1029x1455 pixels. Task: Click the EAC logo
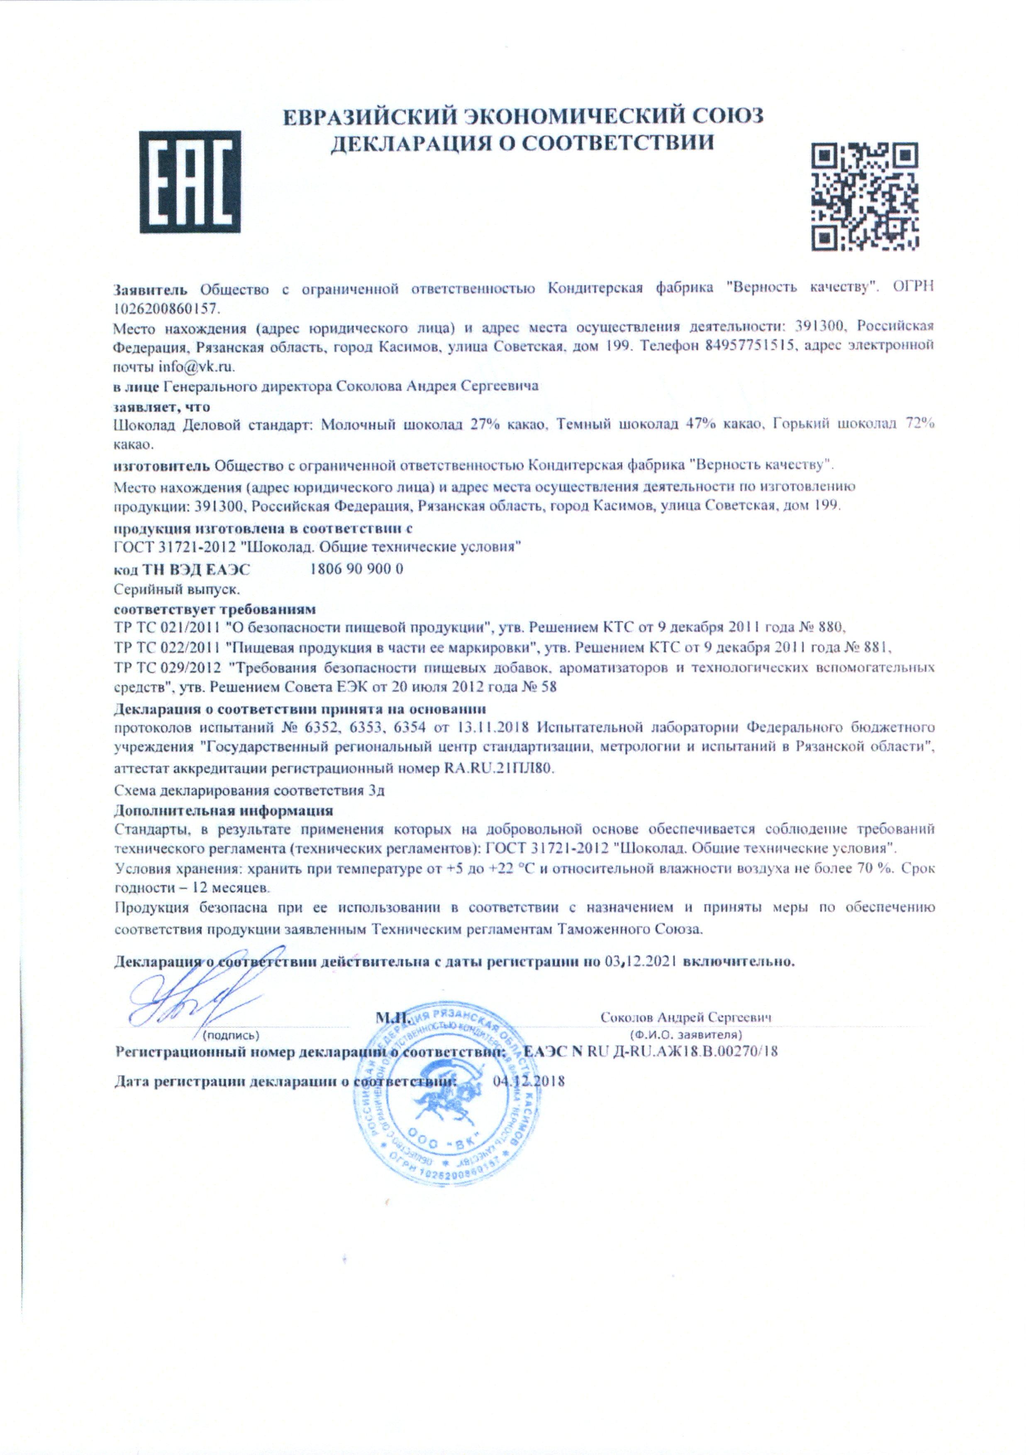coord(190,182)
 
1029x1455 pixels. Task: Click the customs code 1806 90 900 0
coord(357,568)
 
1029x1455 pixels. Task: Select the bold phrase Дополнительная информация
coord(224,810)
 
